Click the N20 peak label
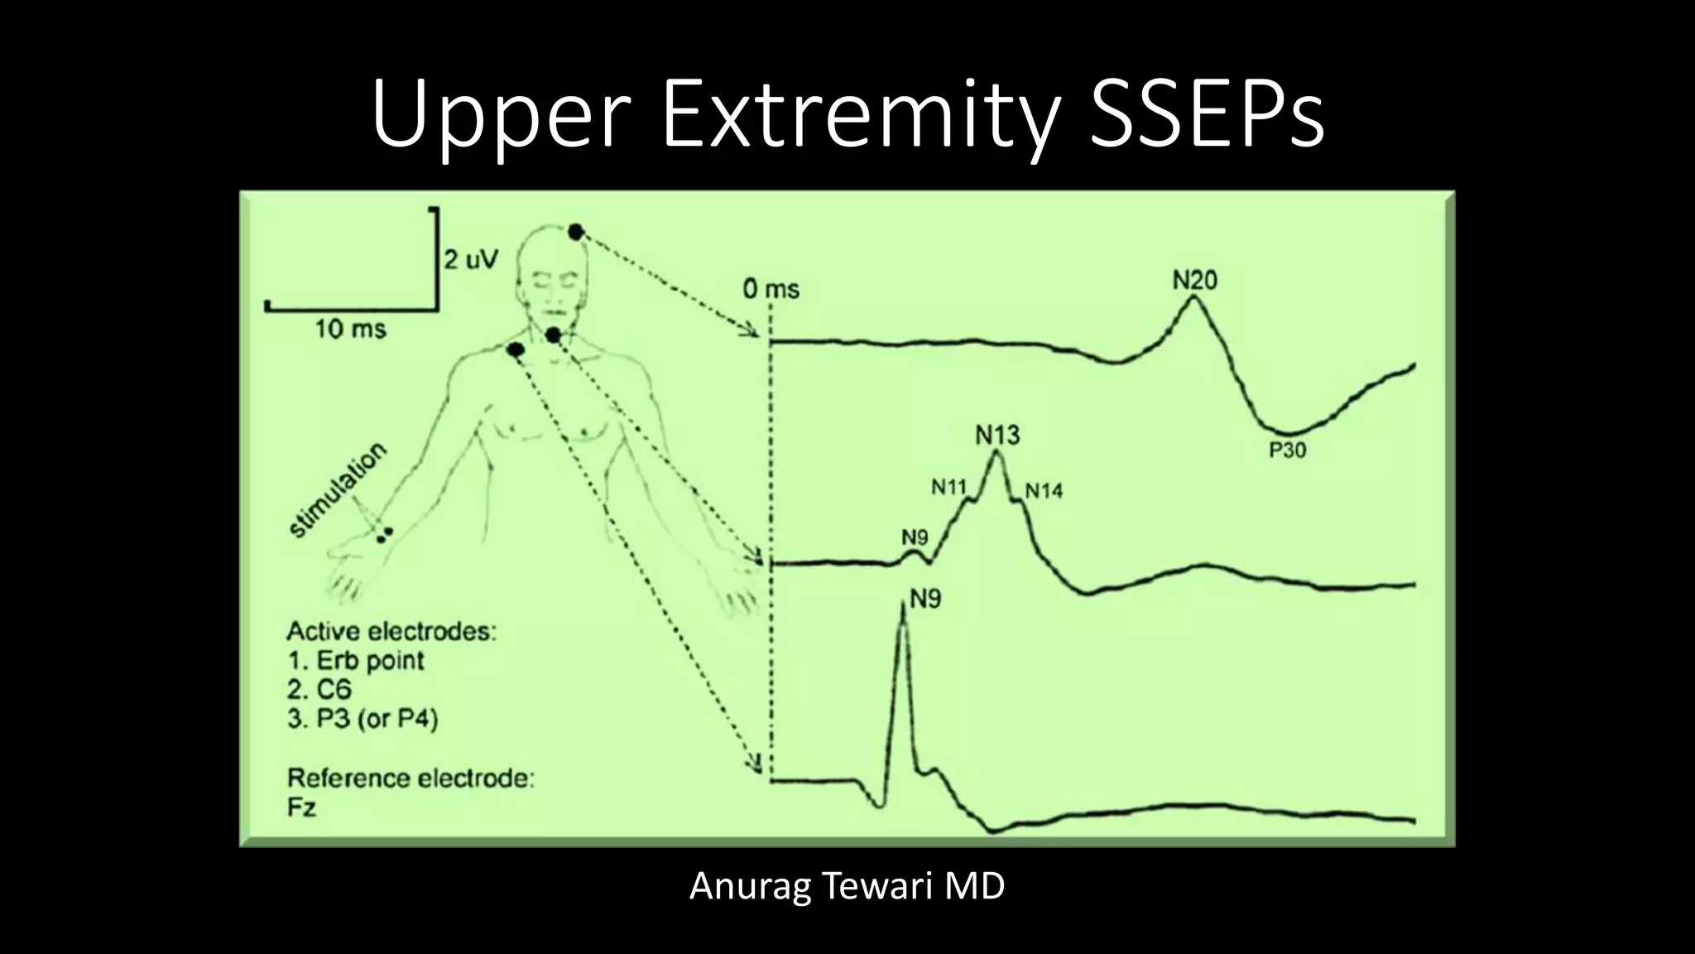click(1194, 281)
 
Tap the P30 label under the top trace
click(1287, 450)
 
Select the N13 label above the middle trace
click(997, 434)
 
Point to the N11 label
click(948, 487)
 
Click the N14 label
click(1044, 491)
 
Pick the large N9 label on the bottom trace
click(925, 599)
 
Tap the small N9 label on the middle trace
click(914, 537)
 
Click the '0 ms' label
click(771, 289)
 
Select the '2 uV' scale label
click(471, 260)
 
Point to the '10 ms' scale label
click(350, 330)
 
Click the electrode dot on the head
click(575, 232)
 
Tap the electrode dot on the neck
click(553, 335)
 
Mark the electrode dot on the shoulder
click(515, 350)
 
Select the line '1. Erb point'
click(356, 661)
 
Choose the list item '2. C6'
click(319, 689)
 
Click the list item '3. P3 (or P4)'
click(363, 718)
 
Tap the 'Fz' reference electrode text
click(301, 807)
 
